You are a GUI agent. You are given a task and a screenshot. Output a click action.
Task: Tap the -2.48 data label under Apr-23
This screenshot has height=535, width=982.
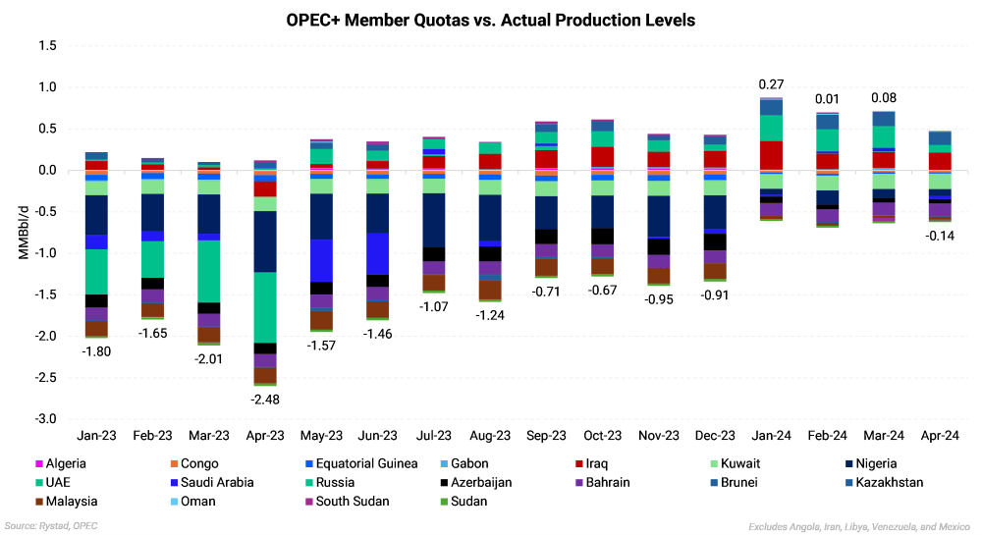pyautogui.click(x=265, y=399)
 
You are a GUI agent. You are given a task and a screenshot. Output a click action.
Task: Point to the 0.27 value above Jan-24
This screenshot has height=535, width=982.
pyautogui.click(x=771, y=83)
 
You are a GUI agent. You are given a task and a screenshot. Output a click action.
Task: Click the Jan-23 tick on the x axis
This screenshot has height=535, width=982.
pyautogui.click(x=96, y=435)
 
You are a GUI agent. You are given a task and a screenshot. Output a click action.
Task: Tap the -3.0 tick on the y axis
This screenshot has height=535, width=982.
pyautogui.click(x=45, y=419)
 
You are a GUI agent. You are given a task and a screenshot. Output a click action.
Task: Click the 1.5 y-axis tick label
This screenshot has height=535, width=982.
pyautogui.click(x=48, y=46)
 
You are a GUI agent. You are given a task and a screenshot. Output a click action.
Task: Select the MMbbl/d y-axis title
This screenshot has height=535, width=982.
pyautogui.click(x=22, y=233)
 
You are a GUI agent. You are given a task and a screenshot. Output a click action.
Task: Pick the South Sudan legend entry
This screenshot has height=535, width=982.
pyautogui.click(x=350, y=501)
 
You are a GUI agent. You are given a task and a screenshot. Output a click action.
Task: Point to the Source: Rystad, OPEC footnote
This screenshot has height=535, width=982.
pyautogui.click(x=51, y=526)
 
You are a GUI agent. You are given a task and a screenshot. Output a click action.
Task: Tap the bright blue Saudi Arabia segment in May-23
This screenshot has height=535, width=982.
pyautogui.click(x=321, y=260)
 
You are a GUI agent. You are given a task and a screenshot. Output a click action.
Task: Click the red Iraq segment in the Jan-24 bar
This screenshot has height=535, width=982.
pyautogui.click(x=771, y=155)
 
